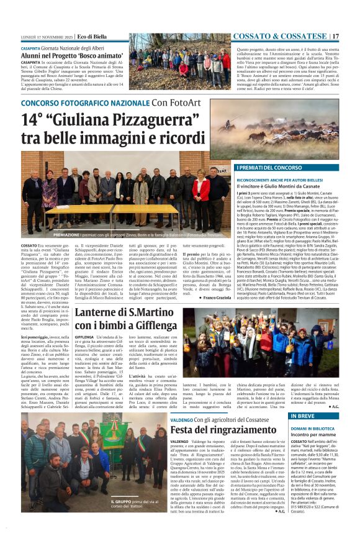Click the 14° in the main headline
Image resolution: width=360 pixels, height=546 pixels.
click(x=34, y=119)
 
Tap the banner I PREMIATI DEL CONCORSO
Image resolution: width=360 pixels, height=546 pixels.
click(x=269, y=168)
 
